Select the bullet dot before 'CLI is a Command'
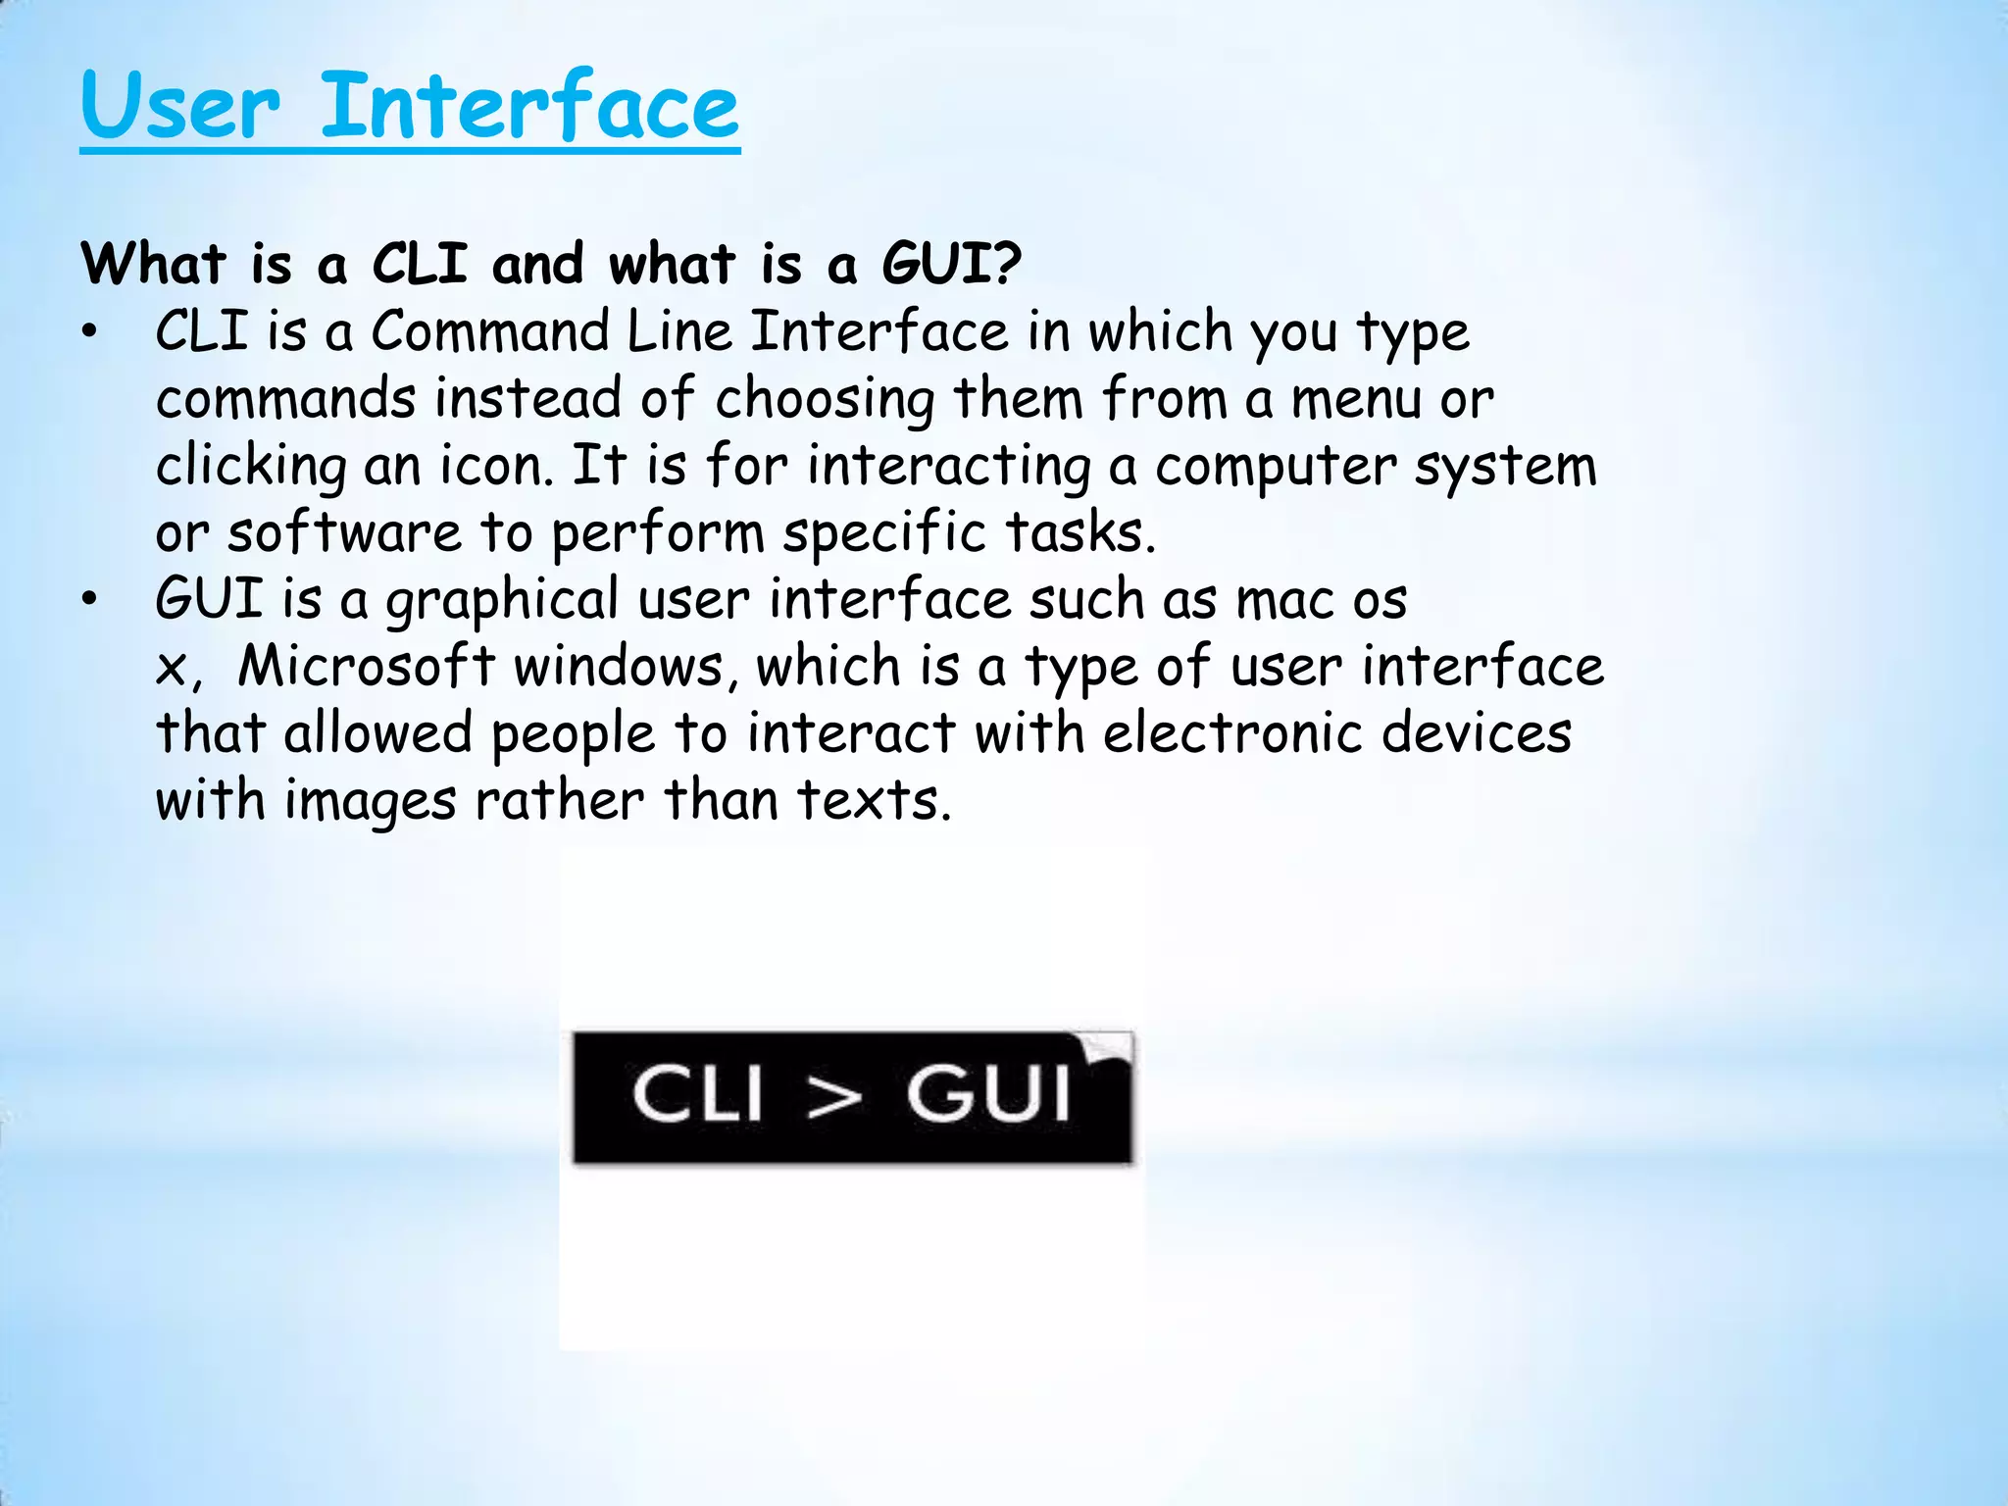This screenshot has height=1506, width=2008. (90, 333)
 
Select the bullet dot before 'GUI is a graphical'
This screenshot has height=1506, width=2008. (90, 600)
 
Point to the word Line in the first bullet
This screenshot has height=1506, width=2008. (679, 331)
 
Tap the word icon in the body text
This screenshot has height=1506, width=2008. (495, 466)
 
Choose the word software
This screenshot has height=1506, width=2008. (344, 533)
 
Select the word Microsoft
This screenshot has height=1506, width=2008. (367, 667)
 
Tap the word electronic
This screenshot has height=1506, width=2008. (1233, 733)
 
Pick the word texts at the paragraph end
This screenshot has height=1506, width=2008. (873, 800)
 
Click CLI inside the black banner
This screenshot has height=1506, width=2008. (697, 1095)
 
